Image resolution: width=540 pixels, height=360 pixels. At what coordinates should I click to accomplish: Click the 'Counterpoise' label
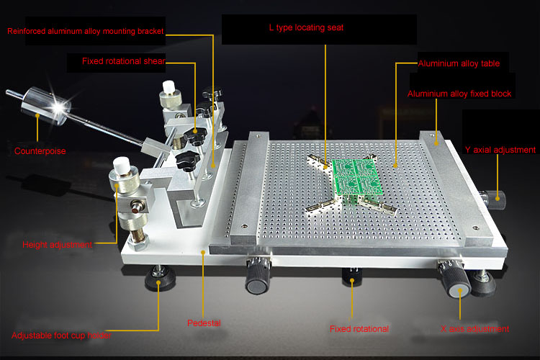point(40,151)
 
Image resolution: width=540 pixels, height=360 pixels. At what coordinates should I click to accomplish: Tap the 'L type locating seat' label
point(306,27)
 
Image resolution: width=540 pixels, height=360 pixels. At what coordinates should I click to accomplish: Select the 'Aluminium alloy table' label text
point(459,63)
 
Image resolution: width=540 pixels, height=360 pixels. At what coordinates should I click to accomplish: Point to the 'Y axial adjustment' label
point(500,150)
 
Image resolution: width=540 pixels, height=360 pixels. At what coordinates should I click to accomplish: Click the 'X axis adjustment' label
point(474,329)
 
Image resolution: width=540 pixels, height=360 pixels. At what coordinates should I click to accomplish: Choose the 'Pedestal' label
point(204,323)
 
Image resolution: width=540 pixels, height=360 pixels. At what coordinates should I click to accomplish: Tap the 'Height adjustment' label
point(57,245)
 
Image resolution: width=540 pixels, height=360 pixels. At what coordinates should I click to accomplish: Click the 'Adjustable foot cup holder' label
point(61,336)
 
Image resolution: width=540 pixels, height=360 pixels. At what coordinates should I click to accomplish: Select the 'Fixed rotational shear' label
point(124,61)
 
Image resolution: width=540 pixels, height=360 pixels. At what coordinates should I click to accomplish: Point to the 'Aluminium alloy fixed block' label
point(459,94)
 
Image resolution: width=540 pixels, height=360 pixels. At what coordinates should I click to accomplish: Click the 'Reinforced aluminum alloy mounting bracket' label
point(86,31)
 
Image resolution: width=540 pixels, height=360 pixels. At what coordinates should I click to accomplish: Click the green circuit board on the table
point(357,177)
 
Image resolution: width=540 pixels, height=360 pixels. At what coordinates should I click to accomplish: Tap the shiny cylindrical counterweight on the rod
point(44,104)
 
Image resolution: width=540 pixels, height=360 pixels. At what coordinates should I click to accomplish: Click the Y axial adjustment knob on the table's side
point(495,199)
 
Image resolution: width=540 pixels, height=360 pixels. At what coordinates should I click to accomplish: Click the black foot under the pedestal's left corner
point(160,278)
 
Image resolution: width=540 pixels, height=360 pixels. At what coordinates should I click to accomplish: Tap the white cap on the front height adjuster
point(122,166)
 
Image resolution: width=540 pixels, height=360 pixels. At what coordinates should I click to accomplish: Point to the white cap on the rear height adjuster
point(168,87)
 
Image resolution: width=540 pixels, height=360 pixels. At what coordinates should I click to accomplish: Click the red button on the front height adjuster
point(136,208)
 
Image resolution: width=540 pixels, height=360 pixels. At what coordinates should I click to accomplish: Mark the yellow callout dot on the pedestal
point(203,253)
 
